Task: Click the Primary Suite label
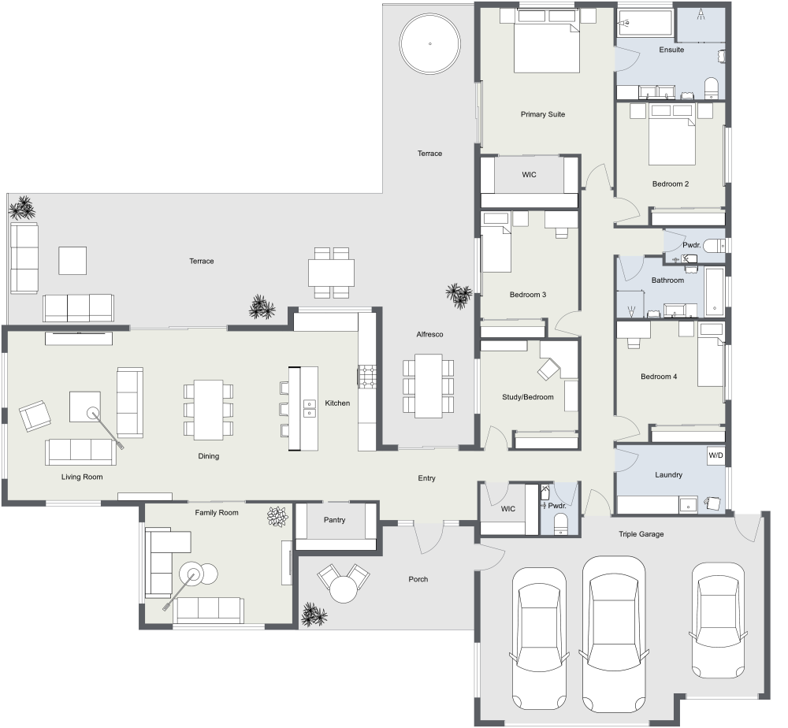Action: (543, 114)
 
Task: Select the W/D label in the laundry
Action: (715, 455)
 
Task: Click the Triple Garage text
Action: (641, 534)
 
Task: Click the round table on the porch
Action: (344, 589)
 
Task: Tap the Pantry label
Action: (334, 520)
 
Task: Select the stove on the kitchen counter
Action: (368, 376)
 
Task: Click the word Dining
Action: (209, 456)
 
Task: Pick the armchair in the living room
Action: (33, 415)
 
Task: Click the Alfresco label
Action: (430, 335)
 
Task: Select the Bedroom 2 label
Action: (671, 184)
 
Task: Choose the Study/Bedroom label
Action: (527, 397)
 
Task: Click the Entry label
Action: (426, 478)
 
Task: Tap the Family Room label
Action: (217, 512)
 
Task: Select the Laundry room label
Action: (668, 475)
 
